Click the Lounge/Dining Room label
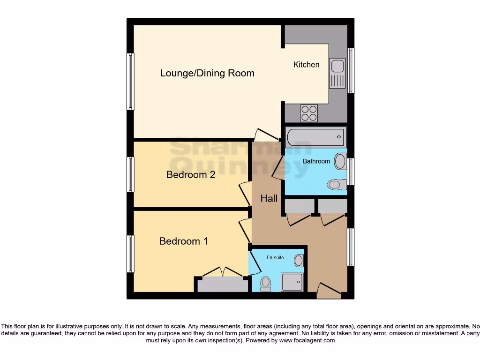207,73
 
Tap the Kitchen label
306,65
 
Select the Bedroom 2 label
191,175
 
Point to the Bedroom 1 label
183,241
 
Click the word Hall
269,199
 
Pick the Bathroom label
316,161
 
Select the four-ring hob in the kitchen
309,112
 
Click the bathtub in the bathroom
315,137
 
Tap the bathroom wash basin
340,162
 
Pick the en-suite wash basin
299,261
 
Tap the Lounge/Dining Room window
130,82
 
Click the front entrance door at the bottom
329,290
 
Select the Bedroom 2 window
130,174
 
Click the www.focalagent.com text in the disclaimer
307,341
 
